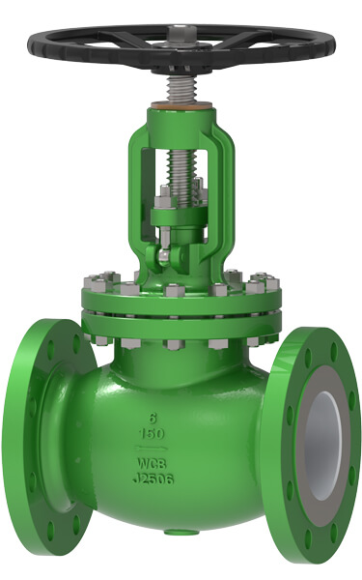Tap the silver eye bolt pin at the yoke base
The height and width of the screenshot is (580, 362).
pos(165,257)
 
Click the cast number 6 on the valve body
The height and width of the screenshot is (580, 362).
pos(153,418)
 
